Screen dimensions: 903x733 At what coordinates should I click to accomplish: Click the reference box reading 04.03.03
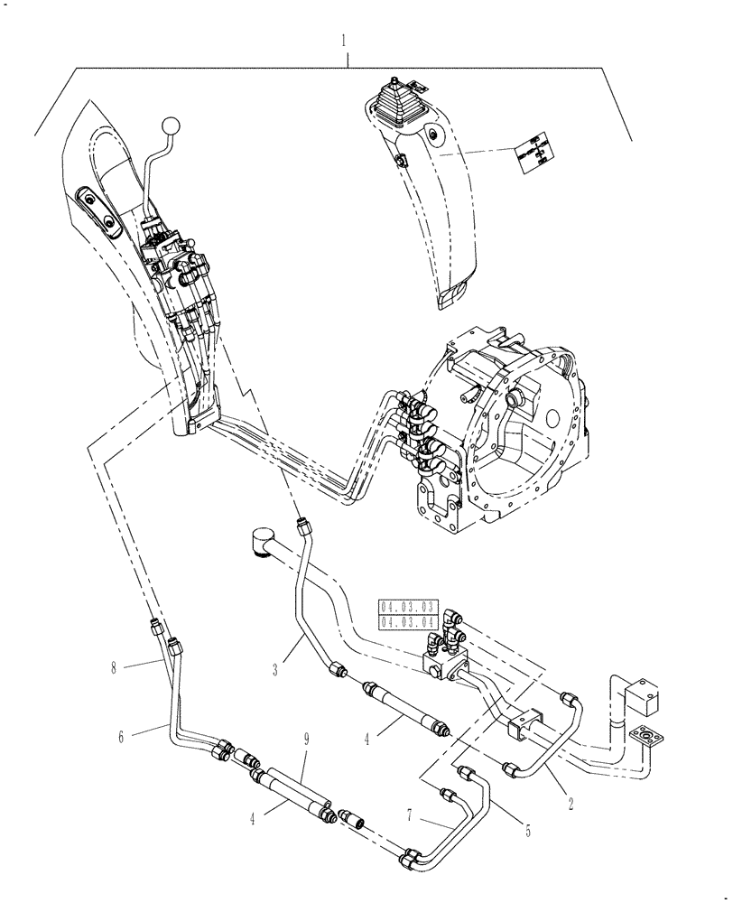pyautogui.click(x=408, y=607)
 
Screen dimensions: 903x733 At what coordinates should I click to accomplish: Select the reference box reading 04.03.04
pyautogui.click(x=408, y=621)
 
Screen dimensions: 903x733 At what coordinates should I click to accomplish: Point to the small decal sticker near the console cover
pyautogui.click(x=532, y=152)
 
